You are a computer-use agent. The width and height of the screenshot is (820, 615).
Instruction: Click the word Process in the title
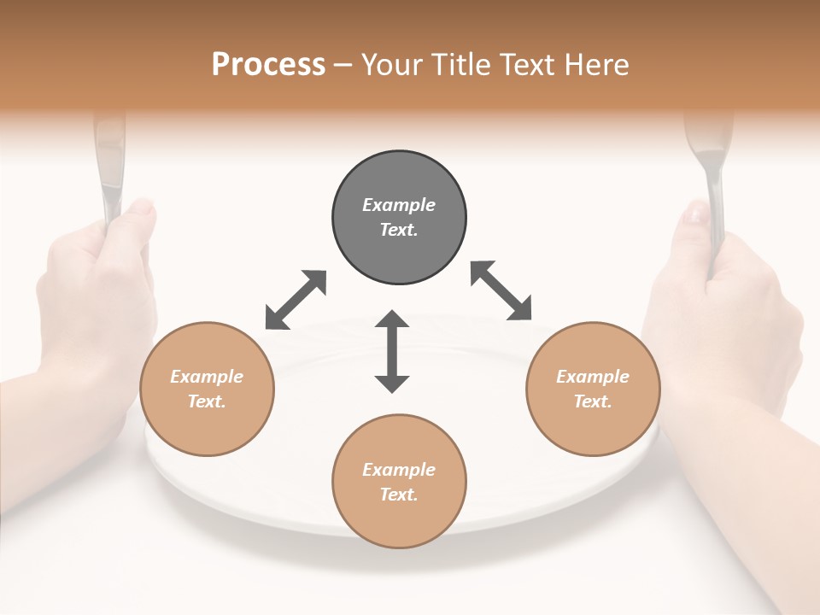tap(268, 65)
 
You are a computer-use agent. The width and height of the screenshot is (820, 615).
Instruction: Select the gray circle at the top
tap(399, 217)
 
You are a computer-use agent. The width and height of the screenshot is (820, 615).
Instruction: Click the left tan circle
tap(207, 389)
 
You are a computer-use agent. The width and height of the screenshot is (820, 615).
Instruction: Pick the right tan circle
tap(593, 389)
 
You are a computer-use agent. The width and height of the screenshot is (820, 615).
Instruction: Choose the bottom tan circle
tap(399, 482)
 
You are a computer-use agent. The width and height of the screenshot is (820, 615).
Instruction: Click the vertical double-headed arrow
tap(392, 351)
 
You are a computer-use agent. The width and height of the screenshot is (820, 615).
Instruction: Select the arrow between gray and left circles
tap(296, 300)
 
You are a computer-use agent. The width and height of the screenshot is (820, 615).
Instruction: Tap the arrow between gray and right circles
tap(501, 290)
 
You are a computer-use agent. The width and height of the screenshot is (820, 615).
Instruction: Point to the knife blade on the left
tap(108, 162)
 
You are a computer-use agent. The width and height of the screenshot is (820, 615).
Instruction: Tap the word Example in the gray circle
tap(399, 205)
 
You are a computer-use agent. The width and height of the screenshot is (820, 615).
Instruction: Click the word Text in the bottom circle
tap(397, 495)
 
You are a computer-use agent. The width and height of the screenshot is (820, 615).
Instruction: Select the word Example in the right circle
tap(593, 377)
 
